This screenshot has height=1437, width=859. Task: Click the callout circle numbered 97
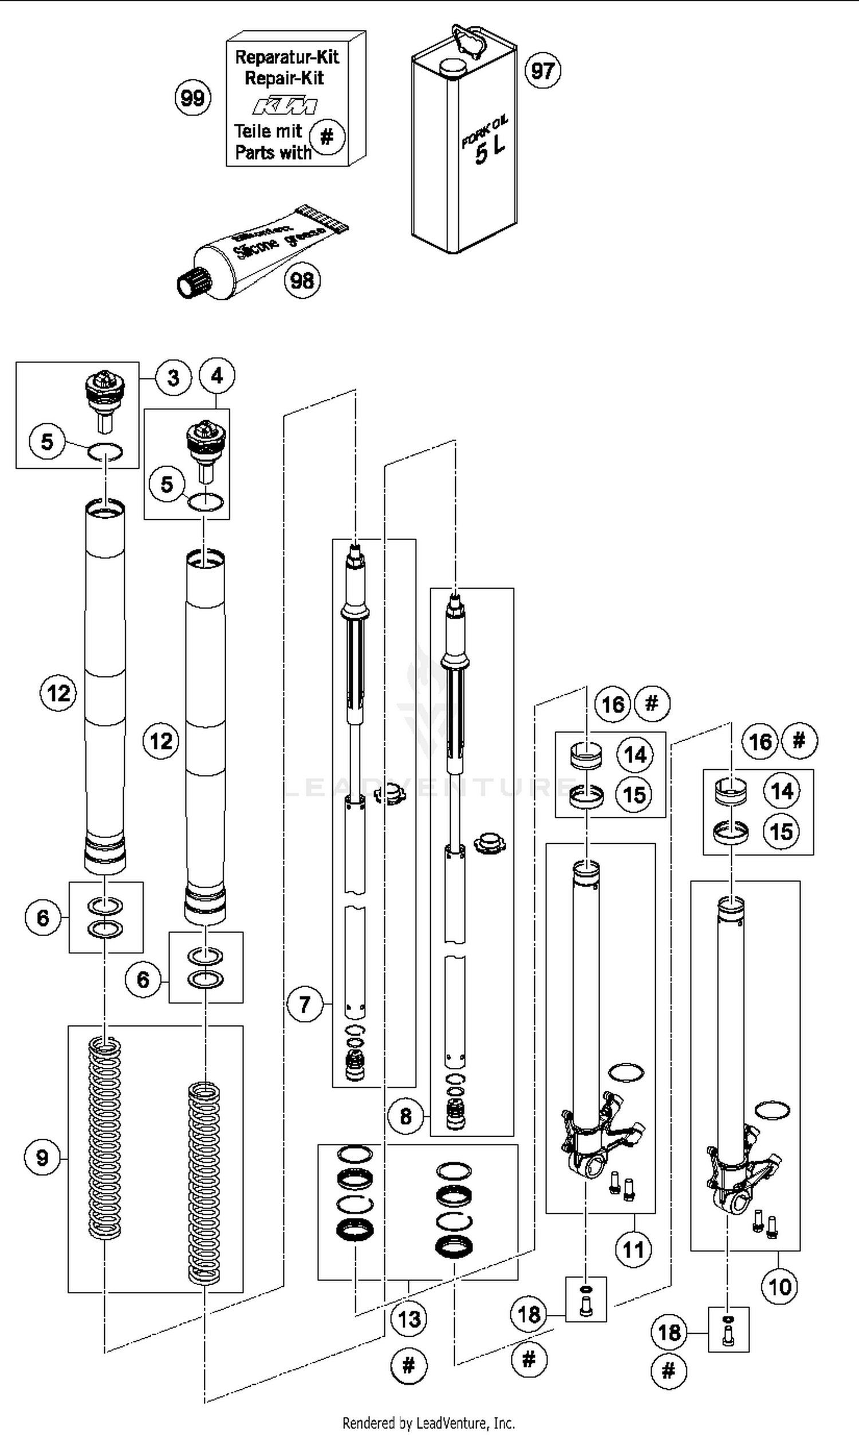click(542, 71)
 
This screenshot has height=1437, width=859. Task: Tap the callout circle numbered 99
click(193, 97)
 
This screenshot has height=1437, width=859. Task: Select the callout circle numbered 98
click(302, 280)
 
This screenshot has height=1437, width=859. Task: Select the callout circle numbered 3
click(173, 378)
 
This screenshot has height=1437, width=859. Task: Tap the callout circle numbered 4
click(216, 376)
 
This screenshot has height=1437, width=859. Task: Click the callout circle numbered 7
click(305, 1004)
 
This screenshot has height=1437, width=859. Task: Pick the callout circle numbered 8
click(405, 1115)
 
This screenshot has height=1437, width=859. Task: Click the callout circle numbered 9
click(42, 1157)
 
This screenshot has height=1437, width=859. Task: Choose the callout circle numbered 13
click(409, 1319)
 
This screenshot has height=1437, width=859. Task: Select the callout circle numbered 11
click(633, 1250)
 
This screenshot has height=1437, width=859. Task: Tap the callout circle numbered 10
click(779, 1286)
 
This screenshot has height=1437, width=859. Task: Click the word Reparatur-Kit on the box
click(287, 57)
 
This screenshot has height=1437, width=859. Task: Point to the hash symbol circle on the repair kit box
click(327, 137)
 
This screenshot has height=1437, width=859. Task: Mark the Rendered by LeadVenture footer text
click(428, 1423)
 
